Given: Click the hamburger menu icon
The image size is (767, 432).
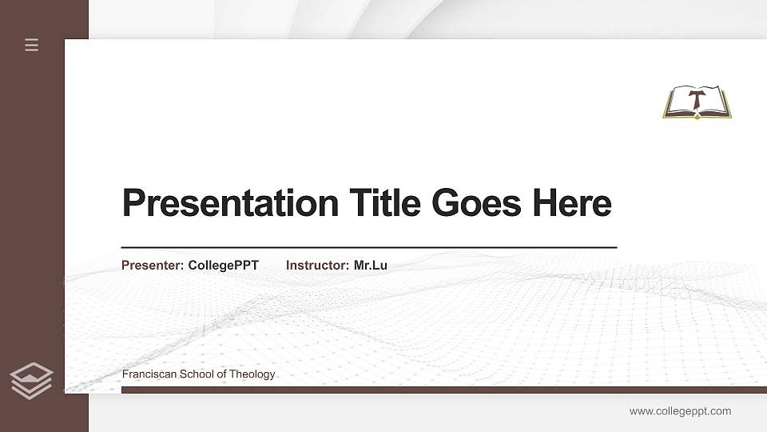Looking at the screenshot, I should (x=32, y=46).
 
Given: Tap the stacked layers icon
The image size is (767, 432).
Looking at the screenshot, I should (x=32, y=380).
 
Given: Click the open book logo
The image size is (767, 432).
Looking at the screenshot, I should (x=697, y=102).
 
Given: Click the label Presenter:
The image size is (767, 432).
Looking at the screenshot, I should (x=153, y=265).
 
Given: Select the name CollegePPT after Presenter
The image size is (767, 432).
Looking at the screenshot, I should (x=224, y=265).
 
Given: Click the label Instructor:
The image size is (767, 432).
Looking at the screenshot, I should (x=318, y=265).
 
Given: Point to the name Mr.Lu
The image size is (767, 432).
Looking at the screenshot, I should (x=371, y=265).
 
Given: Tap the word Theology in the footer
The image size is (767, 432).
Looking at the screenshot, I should (x=252, y=374).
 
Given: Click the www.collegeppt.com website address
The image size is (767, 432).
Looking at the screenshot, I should (x=680, y=411).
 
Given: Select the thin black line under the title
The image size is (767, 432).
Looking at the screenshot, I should (x=369, y=248).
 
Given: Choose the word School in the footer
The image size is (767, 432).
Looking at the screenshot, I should (x=196, y=374).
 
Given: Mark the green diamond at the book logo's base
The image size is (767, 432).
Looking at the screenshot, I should (x=697, y=117).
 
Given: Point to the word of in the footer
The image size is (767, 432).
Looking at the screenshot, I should (x=222, y=374).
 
